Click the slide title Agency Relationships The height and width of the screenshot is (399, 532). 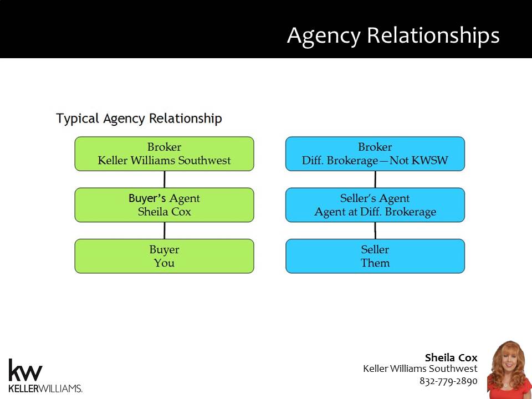coord(393,35)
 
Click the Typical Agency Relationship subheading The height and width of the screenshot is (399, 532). coord(139,119)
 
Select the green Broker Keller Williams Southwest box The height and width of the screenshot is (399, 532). coord(164,154)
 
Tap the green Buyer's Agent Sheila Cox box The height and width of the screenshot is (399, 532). coord(164,205)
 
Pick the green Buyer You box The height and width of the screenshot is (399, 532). coord(164,256)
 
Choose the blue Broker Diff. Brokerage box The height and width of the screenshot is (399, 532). coord(375,154)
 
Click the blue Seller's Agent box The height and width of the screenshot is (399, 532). coord(375,205)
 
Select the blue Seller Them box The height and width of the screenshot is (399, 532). coord(375,256)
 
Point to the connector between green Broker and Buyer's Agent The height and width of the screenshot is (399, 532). coord(165,180)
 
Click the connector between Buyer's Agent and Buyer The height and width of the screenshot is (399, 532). coord(165,231)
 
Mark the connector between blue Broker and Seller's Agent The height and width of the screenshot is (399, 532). coord(375,180)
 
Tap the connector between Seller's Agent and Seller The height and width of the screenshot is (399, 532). coord(375,231)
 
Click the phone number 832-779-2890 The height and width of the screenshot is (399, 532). coord(448,381)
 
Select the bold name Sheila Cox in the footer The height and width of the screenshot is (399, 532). coord(451,357)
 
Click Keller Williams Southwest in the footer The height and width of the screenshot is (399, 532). coord(420,369)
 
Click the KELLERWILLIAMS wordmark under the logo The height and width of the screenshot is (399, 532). coord(45,388)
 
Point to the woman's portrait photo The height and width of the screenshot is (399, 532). coord(509,370)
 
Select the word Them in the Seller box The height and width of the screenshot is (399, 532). coord(375,263)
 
